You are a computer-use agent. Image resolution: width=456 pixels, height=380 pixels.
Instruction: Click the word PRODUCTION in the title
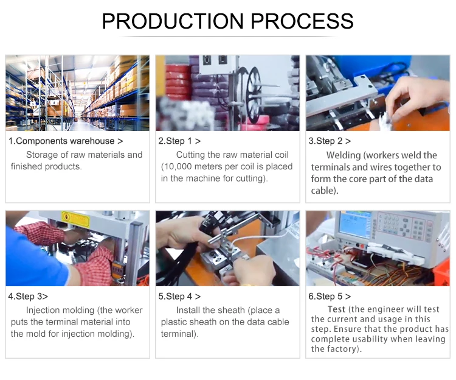click(x=173, y=21)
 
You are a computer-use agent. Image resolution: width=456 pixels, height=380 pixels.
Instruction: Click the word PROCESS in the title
click(x=302, y=21)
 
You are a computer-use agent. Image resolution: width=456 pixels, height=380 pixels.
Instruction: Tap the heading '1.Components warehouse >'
click(x=66, y=141)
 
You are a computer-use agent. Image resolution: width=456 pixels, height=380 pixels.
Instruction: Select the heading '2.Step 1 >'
click(x=179, y=141)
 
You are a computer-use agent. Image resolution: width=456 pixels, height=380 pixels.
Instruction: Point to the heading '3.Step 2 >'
click(x=330, y=141)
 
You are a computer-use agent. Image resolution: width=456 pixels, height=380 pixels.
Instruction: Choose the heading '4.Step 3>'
click(x=28, y=297)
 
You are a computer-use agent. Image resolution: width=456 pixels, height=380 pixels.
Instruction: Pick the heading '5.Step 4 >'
click(x=179, y=297)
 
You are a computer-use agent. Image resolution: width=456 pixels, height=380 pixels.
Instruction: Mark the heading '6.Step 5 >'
click(x=330, y=297)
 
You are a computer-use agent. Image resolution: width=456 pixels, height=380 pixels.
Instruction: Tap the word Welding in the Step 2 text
click(x=343, y=155)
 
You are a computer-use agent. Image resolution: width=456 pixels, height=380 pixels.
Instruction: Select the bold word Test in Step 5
click(x=336, y=309)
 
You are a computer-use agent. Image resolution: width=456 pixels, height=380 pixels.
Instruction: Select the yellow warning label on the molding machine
click(x=75, y=219)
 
